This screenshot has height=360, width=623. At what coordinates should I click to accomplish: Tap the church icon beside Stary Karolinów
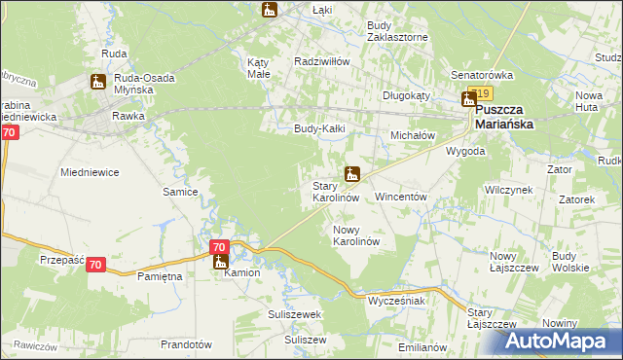(352, 175)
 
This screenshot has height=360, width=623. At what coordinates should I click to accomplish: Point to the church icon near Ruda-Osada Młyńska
(98, 84)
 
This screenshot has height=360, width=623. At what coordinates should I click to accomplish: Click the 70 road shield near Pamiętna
(94, 265)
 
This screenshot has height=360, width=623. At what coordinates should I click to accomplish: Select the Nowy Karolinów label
(355, 234)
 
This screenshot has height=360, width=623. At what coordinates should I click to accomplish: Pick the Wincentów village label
(401, 197)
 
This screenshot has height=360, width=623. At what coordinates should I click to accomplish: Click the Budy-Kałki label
(320, 128)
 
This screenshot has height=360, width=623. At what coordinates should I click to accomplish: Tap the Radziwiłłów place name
(322, 60)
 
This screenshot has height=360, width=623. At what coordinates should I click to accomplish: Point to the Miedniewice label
(90, 172)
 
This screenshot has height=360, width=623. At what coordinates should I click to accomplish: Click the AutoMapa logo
(559, 342)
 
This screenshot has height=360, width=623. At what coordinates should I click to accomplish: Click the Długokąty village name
(405, 95)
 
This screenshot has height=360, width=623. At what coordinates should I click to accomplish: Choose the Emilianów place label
(421, 346)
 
